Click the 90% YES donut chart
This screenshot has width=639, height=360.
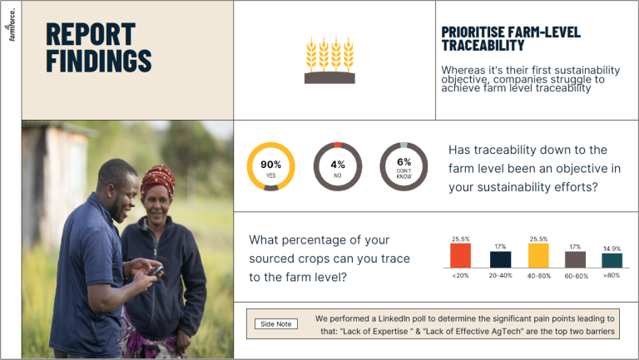pyautogui.click(x=271, y=165)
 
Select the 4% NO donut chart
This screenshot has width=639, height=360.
pyautogui.click(x=337, y=165)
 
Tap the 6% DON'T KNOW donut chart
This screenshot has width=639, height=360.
pyautogui.click(x=404, y=165)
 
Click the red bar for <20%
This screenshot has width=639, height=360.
pyautogui.click(x=460, y=255)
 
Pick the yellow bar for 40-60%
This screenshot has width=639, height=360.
pyautogui.click(x=539, y=255)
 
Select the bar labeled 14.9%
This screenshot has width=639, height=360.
pyautogui.click(x=612, y=260)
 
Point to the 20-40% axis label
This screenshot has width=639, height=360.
pyautogui.click(x=500, y=275)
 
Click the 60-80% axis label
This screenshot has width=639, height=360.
pyautogui.click(x=576, y=275)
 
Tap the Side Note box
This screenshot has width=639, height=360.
pyautogui.click(x=275, y=323)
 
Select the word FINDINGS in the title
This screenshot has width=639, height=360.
pyautogui.click(x=98, y=61)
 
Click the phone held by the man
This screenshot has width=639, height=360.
pyautogui.click(x=156, y=270)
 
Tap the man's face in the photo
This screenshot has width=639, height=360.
pyautogui.click(x=119, y=185)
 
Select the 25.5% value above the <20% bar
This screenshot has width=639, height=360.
pyautogui.click(x=460, y=239)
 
